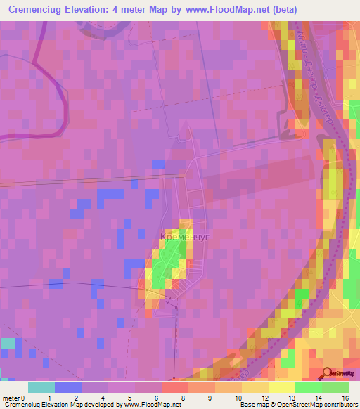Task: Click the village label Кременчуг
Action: point(185,238)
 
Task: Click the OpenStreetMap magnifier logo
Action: point(328,374)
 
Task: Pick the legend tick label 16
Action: point(345,398)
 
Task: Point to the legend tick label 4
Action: point(103,398)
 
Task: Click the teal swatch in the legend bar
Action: point(41,387)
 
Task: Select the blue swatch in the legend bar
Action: point(67,387)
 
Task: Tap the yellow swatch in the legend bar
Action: point(281,387)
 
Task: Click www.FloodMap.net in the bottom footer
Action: point(152,405)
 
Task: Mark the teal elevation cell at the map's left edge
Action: point(8,344)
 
